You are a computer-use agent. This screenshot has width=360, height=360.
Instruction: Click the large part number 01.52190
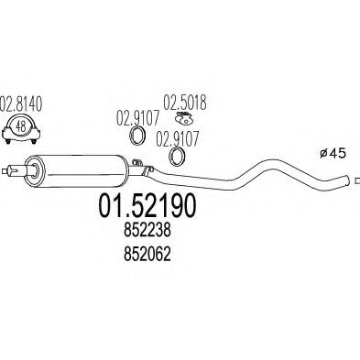(147, 206)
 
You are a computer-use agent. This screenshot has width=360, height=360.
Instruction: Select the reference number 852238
(147, 231)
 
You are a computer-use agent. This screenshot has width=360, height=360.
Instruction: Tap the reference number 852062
(147, 254)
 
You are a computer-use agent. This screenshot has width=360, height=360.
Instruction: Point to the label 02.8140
(21, 104)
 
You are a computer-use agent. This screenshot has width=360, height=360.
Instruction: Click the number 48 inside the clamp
(21, 126)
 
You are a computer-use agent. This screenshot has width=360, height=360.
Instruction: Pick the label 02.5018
(185, 103)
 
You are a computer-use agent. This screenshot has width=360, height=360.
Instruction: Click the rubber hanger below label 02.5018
(183, 118)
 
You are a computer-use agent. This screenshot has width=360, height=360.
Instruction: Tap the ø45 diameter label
(333, 153)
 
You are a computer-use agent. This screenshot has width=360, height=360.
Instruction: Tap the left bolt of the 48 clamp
(8, 141)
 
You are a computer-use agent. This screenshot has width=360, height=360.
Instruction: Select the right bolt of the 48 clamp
(34, 141)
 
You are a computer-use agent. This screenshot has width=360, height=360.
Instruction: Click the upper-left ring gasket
(136, 136)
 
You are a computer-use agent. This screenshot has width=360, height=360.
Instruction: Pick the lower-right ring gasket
(177, 157)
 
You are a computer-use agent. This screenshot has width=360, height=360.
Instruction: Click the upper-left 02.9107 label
(137, 118)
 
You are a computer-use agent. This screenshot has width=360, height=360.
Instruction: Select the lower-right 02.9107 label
(178, 138)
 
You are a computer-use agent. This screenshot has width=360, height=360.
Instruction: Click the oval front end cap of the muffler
(34, 170)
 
